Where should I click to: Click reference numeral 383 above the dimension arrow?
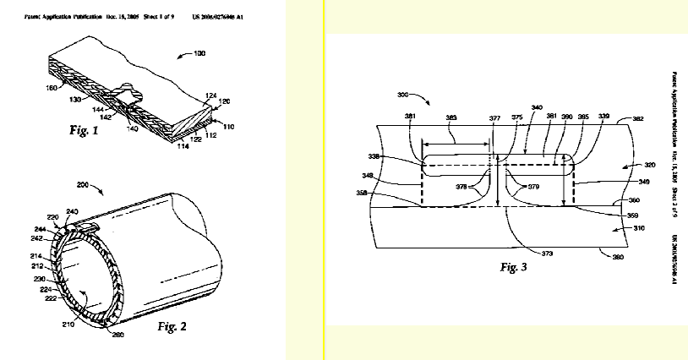point(451,117)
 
